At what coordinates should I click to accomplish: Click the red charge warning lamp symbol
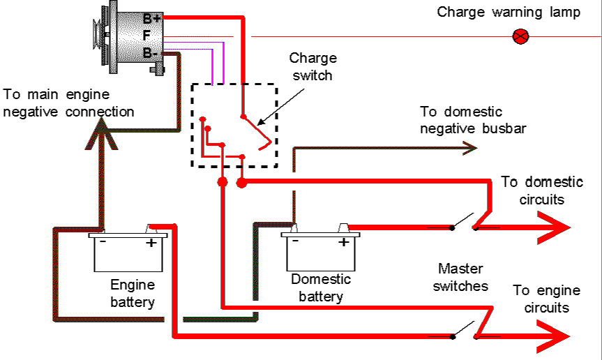pos(520,36)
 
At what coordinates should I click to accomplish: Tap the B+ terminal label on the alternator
pos(151,18)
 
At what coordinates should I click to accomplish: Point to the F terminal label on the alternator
pos(146,36)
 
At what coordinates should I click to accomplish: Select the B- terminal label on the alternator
pos(150,53)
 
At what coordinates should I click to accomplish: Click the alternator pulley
pos(98,35)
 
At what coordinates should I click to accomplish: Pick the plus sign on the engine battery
pos(151,243)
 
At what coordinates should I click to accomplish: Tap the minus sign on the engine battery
pos(103,241)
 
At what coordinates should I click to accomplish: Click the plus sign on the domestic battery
pos(344,242)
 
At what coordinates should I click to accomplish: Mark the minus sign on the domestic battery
pos(295,241)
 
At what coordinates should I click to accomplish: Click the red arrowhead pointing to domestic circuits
pos(554,227)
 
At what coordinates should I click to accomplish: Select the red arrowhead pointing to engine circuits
pos(553,336)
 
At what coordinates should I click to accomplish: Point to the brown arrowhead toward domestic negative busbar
pos(469,148)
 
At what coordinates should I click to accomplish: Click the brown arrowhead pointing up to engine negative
pos(101,134)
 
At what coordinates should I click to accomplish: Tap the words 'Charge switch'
pos(313,67)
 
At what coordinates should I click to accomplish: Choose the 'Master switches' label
pos(460,277)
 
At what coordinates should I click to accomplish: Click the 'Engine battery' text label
pos(133,293)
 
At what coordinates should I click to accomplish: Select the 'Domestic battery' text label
pos(321,287)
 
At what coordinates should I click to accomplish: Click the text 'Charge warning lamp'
pos(509,13)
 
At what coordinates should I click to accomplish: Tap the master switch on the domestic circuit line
pos(464,223)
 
